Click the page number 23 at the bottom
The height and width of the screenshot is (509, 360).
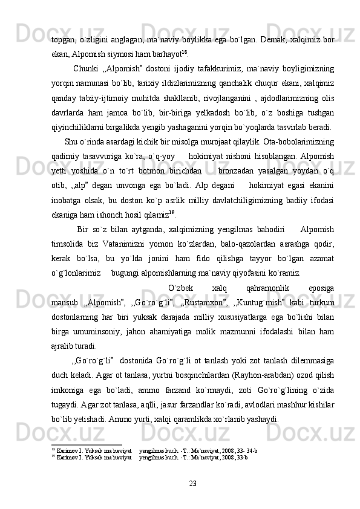(x=193, y=482)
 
